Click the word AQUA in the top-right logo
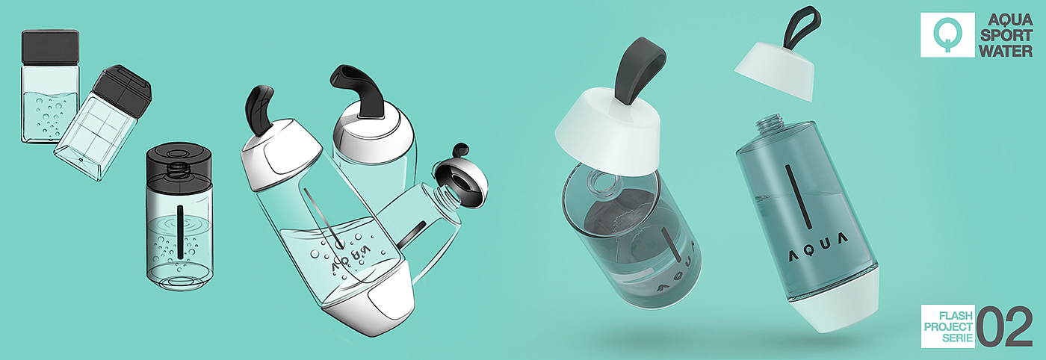pyautogui.click(x=1010, y=20)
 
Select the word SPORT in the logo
pyautogui.click(x=1006, y=36)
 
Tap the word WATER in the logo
pyautogui.click(x=1006, y=51)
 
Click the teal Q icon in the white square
pyautogui.click(x=947, y=34)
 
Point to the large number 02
pyautogui.click(x=1004, y=326)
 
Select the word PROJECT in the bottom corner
pyautogui.click(x=948, y=327)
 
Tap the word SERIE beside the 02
pyautogui.click(x=957, y=338)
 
